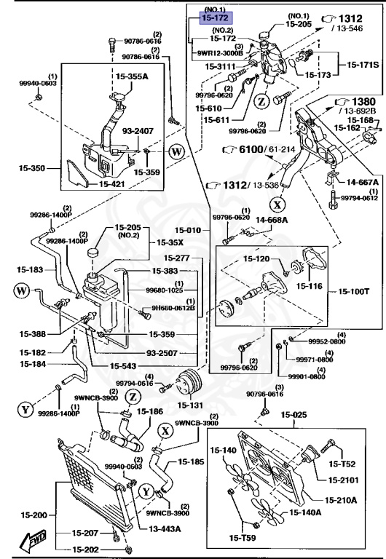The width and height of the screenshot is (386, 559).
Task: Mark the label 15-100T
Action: click(353, 293)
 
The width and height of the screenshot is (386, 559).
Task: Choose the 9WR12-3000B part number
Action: click(219, 52)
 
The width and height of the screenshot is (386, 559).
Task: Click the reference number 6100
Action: click(247, 149)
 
